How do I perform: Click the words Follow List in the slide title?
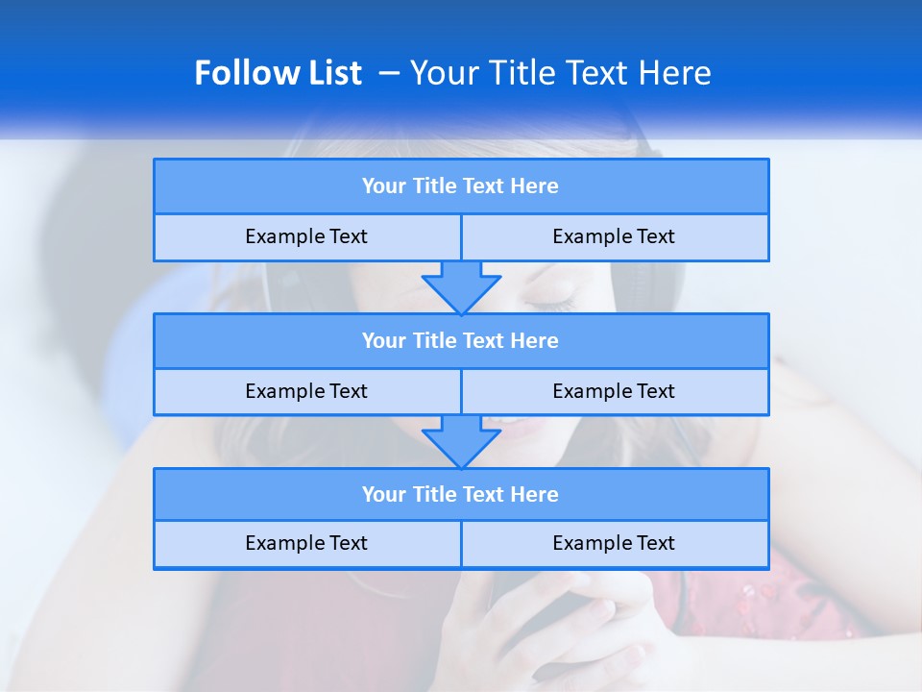[278, 73]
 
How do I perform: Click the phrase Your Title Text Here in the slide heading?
[560, 73]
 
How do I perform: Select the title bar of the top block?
[460, 186]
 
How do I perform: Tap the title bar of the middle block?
[460, 340]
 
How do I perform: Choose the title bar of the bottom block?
[460, 494]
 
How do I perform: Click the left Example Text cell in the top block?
[306, 236]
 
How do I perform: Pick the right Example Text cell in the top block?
[614, 236]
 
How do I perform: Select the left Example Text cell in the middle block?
[306, 391]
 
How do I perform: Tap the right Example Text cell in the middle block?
[614, 391]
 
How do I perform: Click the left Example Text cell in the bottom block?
[306, 543]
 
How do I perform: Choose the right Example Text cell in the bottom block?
[614, 543]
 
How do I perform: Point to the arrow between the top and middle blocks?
[461, 286]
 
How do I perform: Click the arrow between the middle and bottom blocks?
[461, 441]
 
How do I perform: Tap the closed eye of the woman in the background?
[550, 304]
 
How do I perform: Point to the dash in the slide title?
[389, 73]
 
